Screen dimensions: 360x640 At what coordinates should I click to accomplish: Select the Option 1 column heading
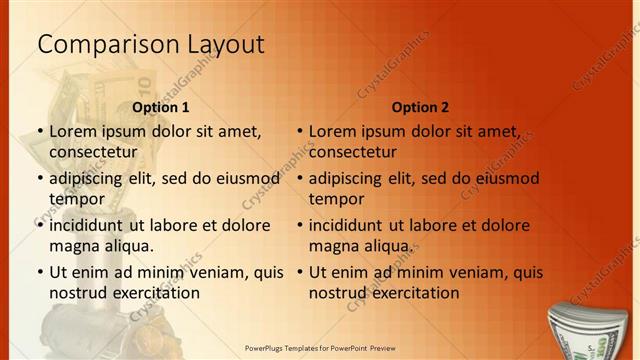click(160, 107)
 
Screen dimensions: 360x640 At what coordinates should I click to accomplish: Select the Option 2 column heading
click(420, 107)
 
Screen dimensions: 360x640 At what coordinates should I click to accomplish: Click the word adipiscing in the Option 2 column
click(351, 179)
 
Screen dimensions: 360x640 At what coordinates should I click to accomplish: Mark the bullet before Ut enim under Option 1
click(39, 272)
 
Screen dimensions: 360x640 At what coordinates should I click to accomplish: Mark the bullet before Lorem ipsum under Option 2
click(299, 131)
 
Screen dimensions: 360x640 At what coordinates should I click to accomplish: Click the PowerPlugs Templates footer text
click(320, 350)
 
